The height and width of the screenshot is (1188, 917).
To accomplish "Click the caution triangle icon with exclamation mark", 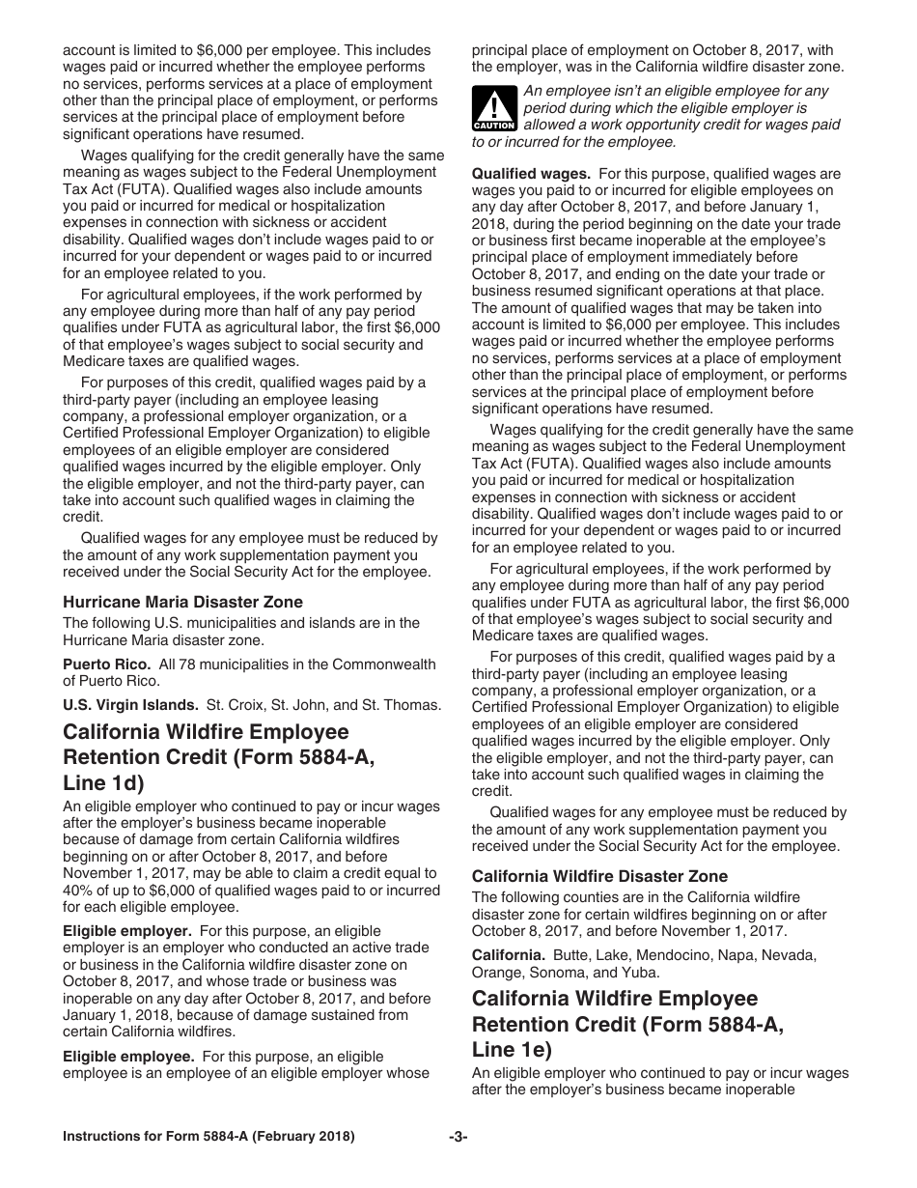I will coord(493,108).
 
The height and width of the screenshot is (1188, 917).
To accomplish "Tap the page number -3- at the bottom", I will coord(458,1137).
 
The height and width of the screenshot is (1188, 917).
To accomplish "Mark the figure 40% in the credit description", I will coord(79,891).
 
